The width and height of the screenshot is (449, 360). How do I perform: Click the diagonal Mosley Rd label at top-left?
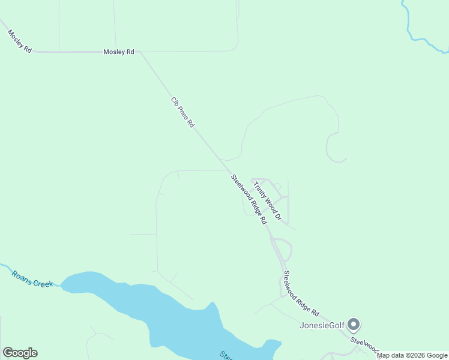click(x=19, y=41)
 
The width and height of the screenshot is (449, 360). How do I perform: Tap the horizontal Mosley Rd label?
click(x=119, y=52)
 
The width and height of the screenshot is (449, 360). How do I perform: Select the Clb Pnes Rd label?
click(x=183, y=112)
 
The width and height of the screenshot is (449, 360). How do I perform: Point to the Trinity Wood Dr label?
click(x=267, y=200)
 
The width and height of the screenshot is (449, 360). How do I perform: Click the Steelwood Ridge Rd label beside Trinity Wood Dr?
click(x=249, y=199)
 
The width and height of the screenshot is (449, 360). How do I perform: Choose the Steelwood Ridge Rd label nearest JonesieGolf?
click(x=301, y=293)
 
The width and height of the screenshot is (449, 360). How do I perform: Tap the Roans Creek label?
click(x=32, y=279)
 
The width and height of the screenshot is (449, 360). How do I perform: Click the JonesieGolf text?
click(x=322, y=326)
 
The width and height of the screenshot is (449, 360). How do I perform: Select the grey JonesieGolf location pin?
click(x=354, y=325)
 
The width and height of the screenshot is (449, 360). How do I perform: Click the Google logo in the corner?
click(x=20, y=353)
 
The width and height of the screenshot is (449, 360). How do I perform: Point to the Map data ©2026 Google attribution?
click(x=412, y=356)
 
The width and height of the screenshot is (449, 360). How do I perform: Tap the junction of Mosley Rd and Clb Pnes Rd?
click(x=139, y=52)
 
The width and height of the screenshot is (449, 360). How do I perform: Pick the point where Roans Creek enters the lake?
click(x=62, y=284)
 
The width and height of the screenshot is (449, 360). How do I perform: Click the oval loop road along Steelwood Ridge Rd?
click(x=283, y=250)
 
